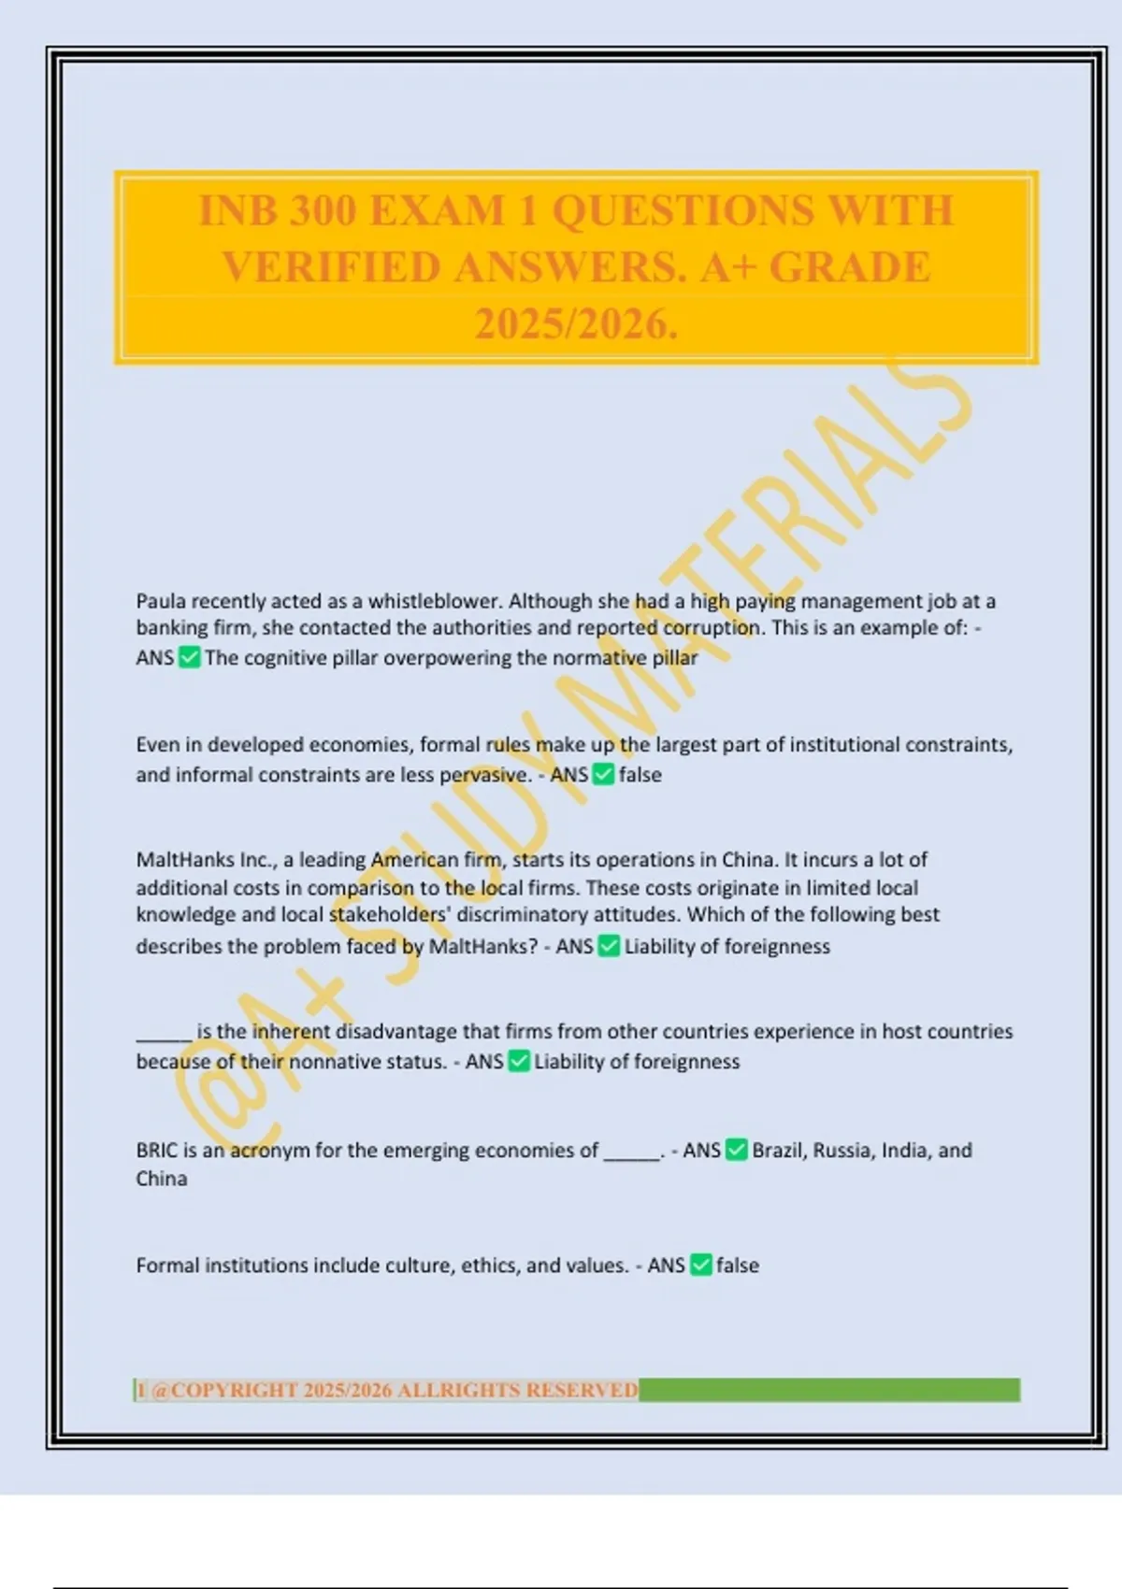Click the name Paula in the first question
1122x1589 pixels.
pyautogui.click(x=161, y=601)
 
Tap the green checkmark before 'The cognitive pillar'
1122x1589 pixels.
pyautogui.click(x=190, y=658)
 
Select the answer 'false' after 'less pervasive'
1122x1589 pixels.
pyautogui.click(x=640, y=775)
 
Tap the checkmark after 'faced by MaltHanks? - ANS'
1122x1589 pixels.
pyautogui.click(x=609, y=947)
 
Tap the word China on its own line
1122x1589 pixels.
pyautogui.click(x=162, y=1179)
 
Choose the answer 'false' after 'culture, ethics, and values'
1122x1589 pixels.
pyautogui.click(x=738, y=1266)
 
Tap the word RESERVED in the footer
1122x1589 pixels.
pyautogui.click(x=582, y=1391)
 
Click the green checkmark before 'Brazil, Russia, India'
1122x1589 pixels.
pyautogui.click(x=737, y=1151)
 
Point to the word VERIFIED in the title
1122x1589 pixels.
pyautogui.click(x=332, y=268)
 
